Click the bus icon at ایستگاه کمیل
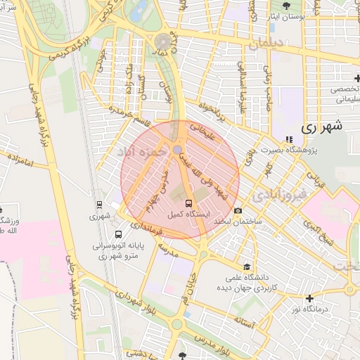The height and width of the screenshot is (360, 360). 176,203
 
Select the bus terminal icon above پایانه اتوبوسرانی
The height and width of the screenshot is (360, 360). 117,234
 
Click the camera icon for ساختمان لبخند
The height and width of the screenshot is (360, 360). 238,211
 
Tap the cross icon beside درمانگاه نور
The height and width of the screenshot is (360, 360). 309,297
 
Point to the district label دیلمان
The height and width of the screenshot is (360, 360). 266,44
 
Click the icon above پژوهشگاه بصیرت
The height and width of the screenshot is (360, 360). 289,139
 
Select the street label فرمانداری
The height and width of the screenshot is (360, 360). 145,229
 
